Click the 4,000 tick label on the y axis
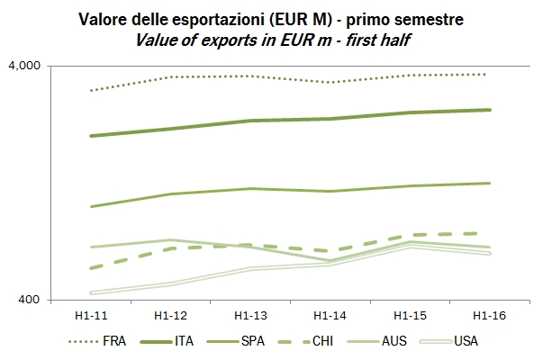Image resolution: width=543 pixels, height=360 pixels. (x=29, y=66)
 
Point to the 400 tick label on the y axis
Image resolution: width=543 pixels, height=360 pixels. (x=35, y=300)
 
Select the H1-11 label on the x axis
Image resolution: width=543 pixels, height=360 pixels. (x=91, y=316)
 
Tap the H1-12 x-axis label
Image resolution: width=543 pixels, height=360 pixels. (x=170, y=316)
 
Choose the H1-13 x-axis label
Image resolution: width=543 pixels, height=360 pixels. (x=249, y=316)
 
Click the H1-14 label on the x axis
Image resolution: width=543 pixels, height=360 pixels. (x=330, y=316)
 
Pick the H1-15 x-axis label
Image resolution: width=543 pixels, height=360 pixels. (x=409, y=316)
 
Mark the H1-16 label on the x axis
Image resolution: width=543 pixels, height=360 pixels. (x=488, y=316)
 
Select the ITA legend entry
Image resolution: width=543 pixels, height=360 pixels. (x=184, y=342)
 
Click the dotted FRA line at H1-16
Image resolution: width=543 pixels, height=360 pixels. (x=488, y=74)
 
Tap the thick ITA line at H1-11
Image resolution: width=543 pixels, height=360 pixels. (x=91, y=136)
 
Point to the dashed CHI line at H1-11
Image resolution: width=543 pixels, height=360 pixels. (x=91, y=268)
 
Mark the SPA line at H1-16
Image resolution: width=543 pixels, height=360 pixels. (x=488, y=183)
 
